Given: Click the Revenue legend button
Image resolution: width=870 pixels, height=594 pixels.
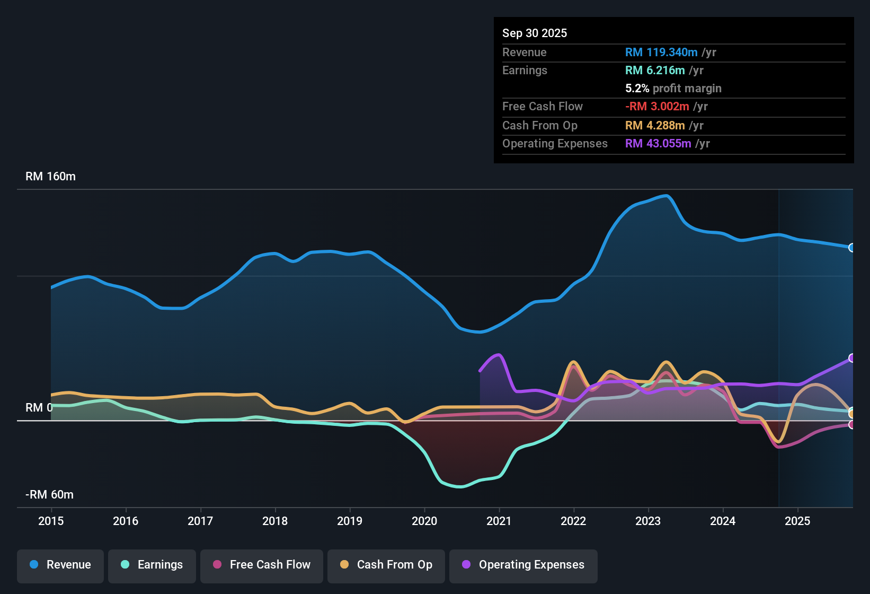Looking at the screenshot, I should click(60, 565).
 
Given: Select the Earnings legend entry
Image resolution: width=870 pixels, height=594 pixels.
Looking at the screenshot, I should click(152, 565).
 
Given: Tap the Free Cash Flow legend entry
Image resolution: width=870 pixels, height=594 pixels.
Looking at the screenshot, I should click(261, 565).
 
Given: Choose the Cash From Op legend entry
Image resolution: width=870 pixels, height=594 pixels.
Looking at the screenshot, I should click(386, 565).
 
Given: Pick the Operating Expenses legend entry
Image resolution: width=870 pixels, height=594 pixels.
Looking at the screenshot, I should click(523, 565).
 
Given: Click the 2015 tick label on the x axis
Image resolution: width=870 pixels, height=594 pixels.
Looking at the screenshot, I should click(51, 521).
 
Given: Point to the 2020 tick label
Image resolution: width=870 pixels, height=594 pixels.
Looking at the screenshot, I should click(424, 521).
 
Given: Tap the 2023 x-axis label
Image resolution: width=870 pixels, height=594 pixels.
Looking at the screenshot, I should click(648, 521).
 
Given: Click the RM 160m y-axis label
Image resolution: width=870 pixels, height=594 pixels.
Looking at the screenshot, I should click(50, 177).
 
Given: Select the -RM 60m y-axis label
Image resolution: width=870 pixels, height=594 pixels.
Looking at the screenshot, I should click(49, 495).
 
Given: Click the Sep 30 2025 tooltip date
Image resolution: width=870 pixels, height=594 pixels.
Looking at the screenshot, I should click(534, 33).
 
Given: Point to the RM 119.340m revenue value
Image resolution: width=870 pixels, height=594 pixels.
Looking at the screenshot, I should click(661, 53).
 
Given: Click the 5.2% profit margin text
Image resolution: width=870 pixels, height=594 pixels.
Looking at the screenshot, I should click(673, 89).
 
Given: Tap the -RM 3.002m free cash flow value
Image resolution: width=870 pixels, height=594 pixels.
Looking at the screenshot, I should click(656, 107).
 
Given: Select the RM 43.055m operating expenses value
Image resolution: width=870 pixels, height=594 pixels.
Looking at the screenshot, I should click(658, 144).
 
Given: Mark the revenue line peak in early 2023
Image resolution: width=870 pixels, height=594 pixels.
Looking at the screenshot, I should click(667, 196).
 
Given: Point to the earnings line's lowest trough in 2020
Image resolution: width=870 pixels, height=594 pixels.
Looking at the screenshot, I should click(459, 487).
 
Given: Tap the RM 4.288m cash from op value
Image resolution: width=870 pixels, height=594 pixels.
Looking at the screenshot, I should click(655, 126).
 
